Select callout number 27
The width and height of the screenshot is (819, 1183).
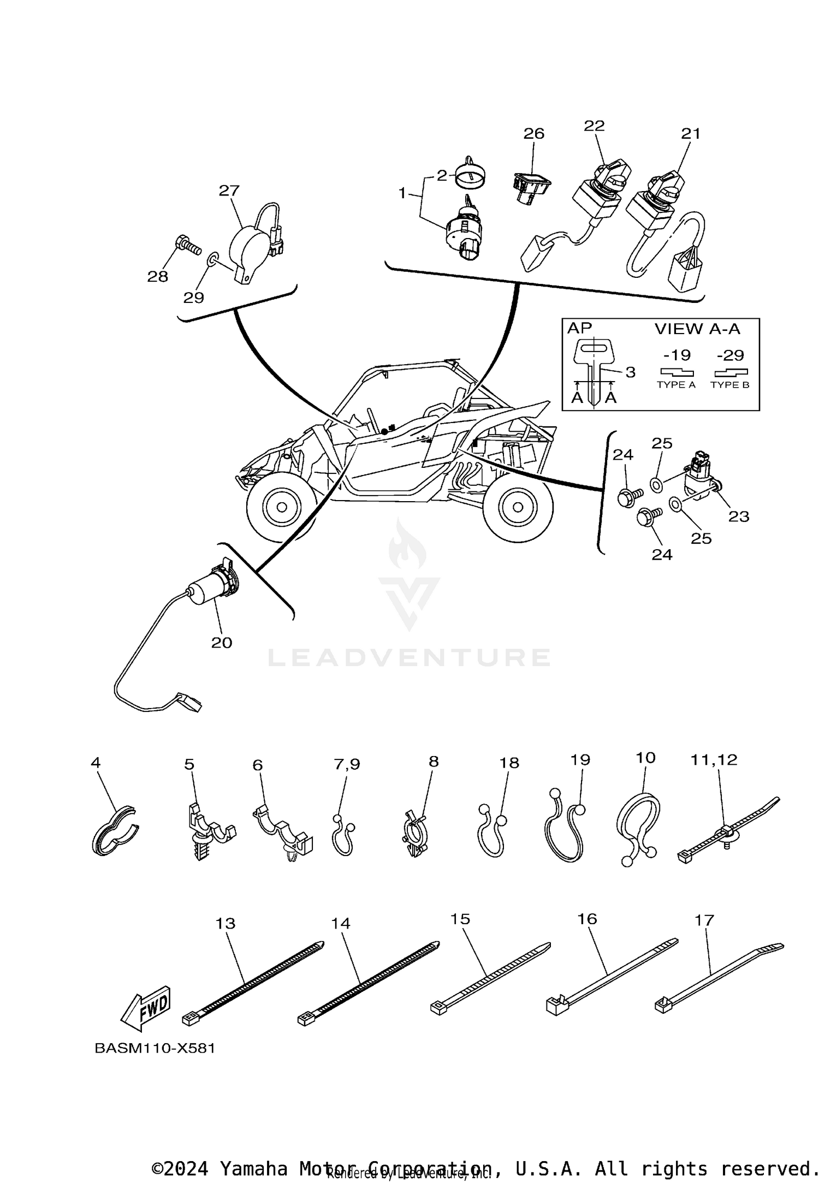tap(229, 191)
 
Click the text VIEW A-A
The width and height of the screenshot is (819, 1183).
tap(697, 329)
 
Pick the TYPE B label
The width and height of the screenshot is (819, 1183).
tap(729, 385)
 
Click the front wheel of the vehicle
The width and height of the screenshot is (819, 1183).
tap(282, 507)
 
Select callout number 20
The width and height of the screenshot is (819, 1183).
tap(222, 643)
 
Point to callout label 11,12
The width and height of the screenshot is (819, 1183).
tap(714, 759)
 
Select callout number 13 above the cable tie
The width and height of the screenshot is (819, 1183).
tap(225, 923)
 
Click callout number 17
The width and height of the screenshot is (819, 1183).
tap(704, 920)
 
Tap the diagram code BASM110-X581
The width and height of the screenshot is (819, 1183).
tap(155, 1048)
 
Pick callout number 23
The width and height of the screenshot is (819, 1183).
tap(739, 516)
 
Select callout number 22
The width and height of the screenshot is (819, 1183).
tap(594, 126)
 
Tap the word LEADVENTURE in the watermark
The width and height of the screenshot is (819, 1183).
tap(408, 657)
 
